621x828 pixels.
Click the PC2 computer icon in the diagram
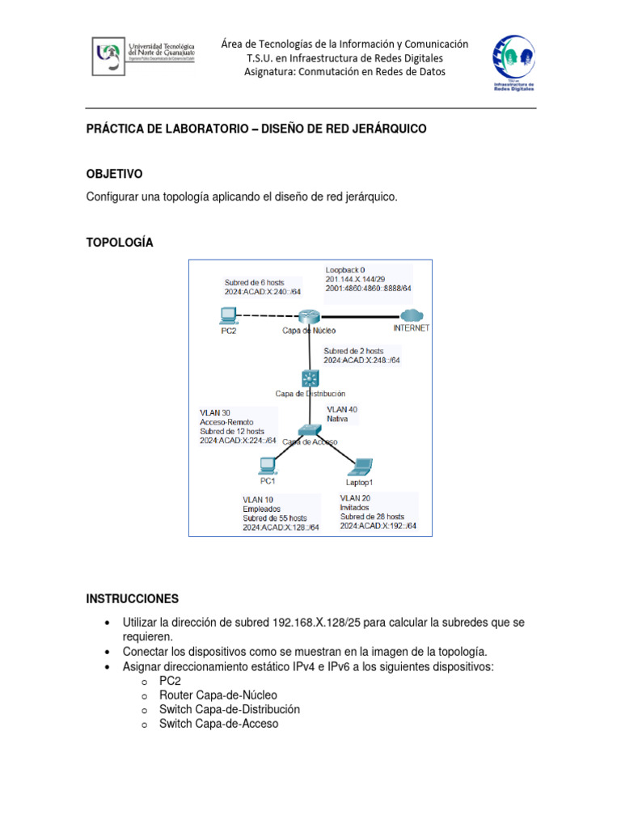(228, 315)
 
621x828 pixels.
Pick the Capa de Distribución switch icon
(310, 377)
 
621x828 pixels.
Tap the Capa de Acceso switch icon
(309, 431)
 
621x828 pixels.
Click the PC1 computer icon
(267, 466)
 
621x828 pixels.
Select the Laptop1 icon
(359, 467)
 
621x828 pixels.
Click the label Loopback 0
(345, 269)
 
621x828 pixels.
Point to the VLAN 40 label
(342, 410)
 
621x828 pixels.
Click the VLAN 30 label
(215, 413)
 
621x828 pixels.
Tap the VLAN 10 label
(258, 500)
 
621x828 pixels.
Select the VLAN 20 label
(356, 498)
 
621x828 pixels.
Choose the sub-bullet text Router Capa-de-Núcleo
(218, 695)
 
